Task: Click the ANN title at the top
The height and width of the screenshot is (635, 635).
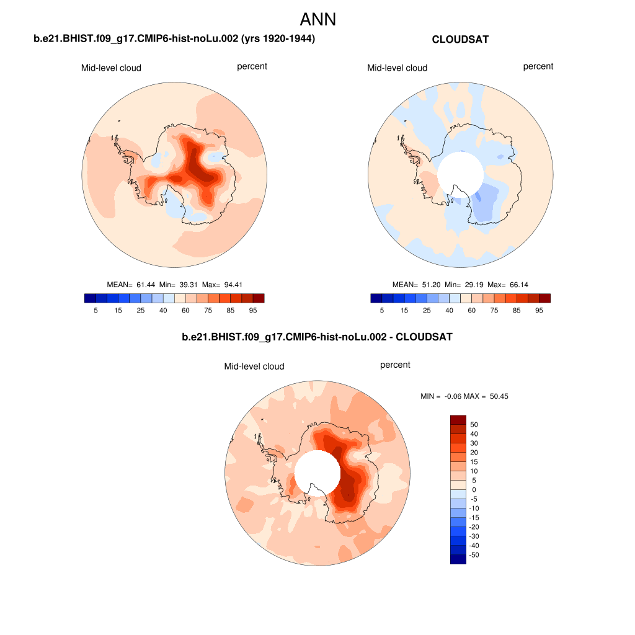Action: [x=317, y=19]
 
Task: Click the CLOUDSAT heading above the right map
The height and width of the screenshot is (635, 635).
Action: [x=460, y=40]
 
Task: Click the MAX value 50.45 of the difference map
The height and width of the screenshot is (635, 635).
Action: [x=496, y=396]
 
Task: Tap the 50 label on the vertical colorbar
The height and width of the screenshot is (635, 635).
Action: [x=474, y=425]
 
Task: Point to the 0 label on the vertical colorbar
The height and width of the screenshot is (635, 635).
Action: [x=474, y=490]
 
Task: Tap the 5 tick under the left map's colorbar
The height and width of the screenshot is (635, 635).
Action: [x=95, y=310]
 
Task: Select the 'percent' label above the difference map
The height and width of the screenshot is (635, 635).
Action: [x=395, y=365]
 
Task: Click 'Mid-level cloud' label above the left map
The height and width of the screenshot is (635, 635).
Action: [x=111, y=68]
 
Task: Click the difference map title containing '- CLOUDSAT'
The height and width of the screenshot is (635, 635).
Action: [x=317, y=337]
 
